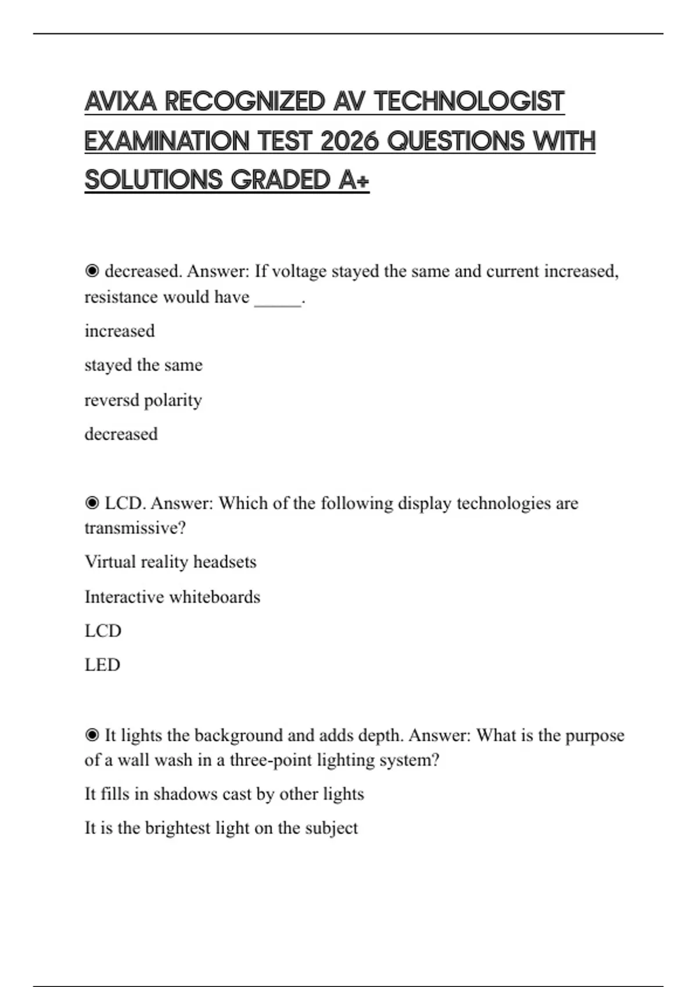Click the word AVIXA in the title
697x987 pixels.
[120, 102]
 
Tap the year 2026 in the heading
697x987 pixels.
[349, 141]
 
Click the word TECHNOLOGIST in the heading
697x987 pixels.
[469, 102]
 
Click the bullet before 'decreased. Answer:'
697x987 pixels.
[92, 271]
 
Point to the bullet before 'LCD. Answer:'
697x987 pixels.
[92, 503]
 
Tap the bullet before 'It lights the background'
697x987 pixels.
[92, 735]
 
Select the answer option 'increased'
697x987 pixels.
[120, 331]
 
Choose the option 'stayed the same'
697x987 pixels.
[143, 365]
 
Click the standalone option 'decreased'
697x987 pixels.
[121, 434]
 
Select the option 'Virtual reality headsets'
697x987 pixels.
[170, 562]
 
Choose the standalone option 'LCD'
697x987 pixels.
[103, 631]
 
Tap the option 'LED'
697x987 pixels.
[102, 665]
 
